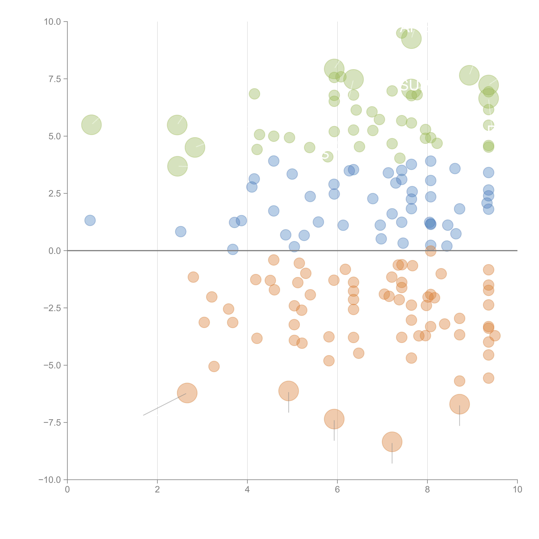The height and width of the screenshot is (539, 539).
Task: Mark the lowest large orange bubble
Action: pyautogui.click(x=392, y=442)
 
